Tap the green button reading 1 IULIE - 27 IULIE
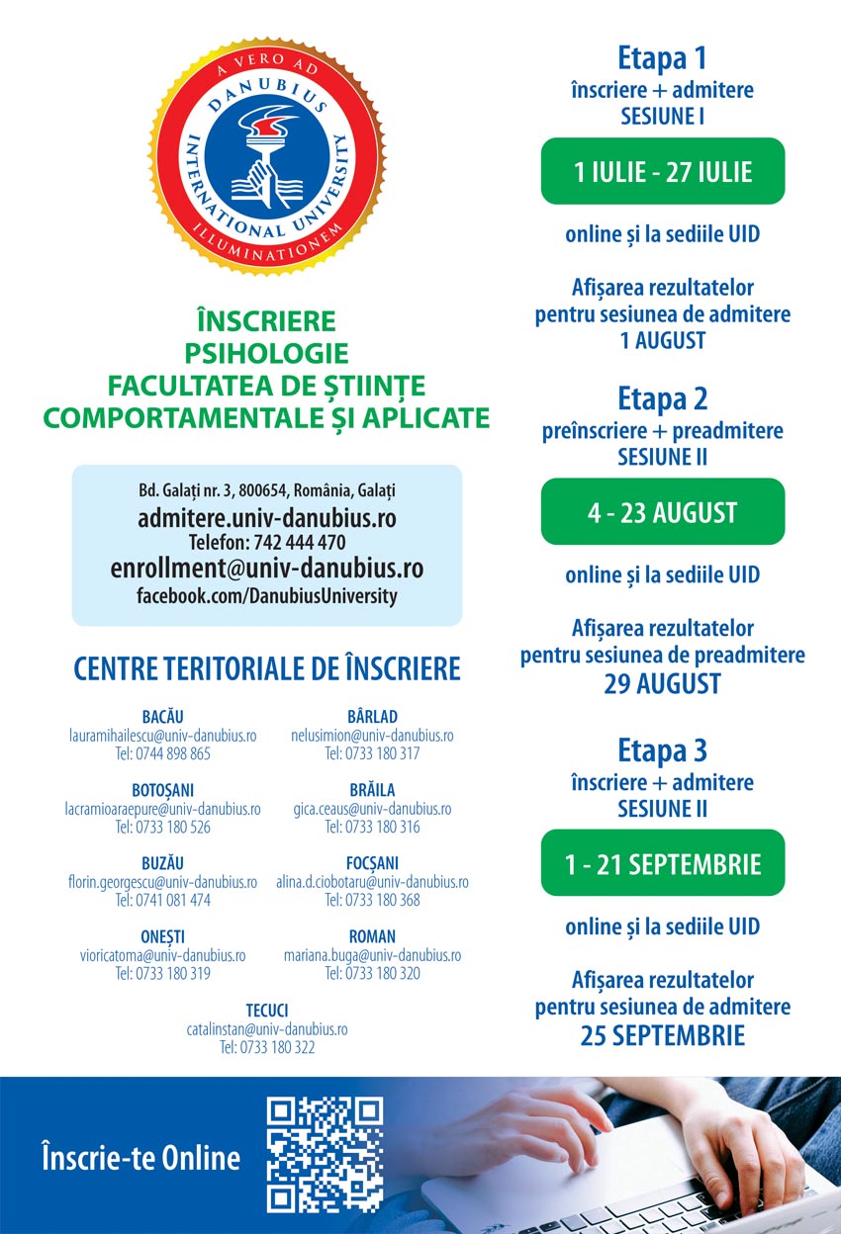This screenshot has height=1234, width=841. point(662,171)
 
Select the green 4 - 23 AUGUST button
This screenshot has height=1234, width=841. point(662,512)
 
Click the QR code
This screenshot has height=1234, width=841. point(325,1154)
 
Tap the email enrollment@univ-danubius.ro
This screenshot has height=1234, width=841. point(267,569)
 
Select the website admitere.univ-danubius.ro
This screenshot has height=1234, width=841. point(267,517)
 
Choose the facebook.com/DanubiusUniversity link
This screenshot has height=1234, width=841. point(267,596)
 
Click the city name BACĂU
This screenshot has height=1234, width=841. point(162,716)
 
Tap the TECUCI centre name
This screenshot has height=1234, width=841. point(267,1010)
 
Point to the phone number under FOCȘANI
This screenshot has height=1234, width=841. point(372,900)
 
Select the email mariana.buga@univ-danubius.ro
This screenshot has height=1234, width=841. point(372,955)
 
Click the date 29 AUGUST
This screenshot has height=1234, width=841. point(662,683)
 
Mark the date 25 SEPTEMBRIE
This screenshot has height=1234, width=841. point(662,1035)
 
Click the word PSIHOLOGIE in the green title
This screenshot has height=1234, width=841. point(267,353)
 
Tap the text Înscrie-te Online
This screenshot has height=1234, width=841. point(140,1158)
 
